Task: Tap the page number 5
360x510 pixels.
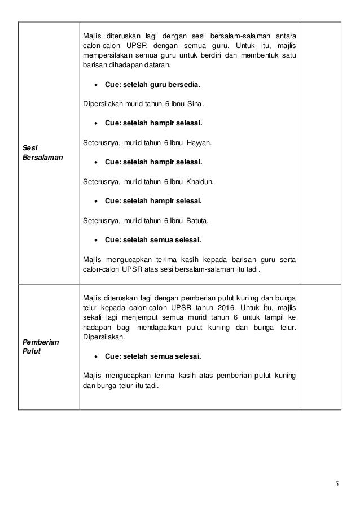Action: click(336, 484)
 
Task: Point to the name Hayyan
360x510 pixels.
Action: click(199, 143)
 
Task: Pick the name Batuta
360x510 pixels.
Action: click(197, 220)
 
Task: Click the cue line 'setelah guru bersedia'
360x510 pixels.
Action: click(152, 85)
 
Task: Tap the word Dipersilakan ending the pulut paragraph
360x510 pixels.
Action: click(103, 337)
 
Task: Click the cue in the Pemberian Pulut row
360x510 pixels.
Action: click(152, 356)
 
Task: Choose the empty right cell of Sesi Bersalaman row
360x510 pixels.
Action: click(321, 152)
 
